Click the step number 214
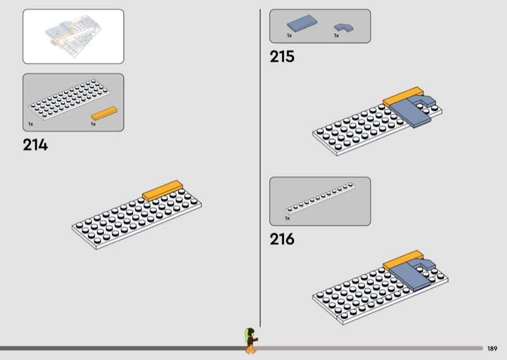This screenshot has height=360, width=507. [35, 145]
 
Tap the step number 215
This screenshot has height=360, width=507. [282, 56]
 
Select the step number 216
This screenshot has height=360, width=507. [282, 240]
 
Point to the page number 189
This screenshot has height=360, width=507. [492, 349]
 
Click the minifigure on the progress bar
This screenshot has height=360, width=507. [251, 340]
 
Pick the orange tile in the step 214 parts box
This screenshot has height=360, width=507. [104, 113]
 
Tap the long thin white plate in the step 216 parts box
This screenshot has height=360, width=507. [320, 197]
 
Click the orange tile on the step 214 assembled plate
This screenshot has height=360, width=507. [162, 190]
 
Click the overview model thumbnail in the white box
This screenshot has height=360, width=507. [73, 35]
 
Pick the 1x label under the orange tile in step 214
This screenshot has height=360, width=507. [93, 124]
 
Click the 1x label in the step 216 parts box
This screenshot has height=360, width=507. [287, 218]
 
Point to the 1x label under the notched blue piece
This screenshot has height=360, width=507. [337, 36]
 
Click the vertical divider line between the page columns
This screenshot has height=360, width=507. [260, 165]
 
